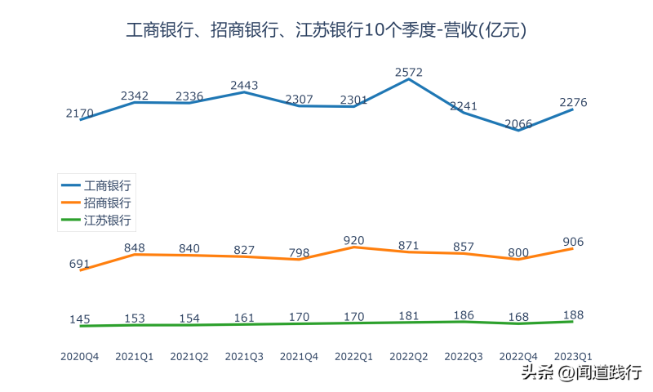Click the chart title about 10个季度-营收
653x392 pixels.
pyautogui.click(x=326, y=31)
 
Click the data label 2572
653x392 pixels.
pyautogui.click(x=408, y=73)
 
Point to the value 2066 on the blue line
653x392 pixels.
pyautogui.click(x=518, y=124)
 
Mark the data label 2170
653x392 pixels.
pyautogui.click(x=80, y=114)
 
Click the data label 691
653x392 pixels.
pyautogui.click(x=80, y=264)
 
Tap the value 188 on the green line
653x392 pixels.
pyautogui.click(x=573, y=315)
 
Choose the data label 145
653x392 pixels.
pyautogui.click(x=80, y=319)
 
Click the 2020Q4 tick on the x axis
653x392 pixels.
pyautogui.click(x=80, y=356)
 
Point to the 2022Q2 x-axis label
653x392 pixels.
pyautogui.click(x=408, y=356)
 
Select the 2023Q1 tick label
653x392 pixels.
pyautogui.click(x=573, y=356)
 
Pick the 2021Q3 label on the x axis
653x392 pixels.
pyautogui.click(x=244, y=356)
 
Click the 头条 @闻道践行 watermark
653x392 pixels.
pyautogui.click(x=581, y=373)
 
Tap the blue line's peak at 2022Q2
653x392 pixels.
pyautogui.click(x=408, y=79)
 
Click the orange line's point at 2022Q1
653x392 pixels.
pyautogui.click(x=353, y=247)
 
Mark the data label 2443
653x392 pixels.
pyautogui.click(x=244, y=86)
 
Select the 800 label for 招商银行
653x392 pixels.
pyautogui.click(x=518, y=253)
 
